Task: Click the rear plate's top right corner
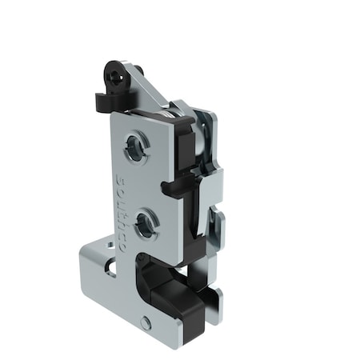tap(210, 116)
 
